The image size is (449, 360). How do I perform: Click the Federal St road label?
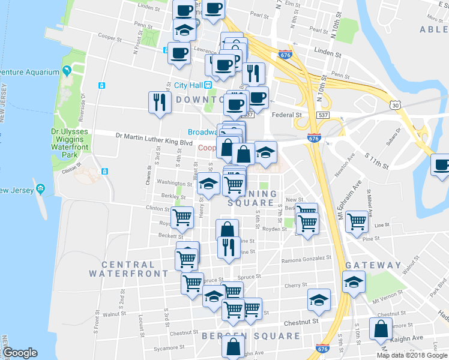click(x=286, y=114)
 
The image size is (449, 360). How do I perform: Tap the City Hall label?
click(x=187, y=85)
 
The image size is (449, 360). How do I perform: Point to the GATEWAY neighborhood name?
click(x=373, y=265)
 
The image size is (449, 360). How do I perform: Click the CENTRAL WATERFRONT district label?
click(x=128, y=269)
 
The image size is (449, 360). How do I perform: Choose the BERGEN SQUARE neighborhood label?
click(x=251, y=336)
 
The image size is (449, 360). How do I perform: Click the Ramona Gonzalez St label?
click(x=306, y=259)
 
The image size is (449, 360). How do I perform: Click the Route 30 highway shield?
click(x=394, y=104)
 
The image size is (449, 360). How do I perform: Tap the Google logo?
click(x=20, y=353)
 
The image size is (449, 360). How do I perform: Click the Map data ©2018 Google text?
click(x=412, y=355)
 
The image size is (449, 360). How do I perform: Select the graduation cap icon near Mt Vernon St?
click(x=354, y=281)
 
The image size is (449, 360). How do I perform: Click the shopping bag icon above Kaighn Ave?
click(x=381, y=328)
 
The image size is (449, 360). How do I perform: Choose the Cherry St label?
click(x=297, y=286)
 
